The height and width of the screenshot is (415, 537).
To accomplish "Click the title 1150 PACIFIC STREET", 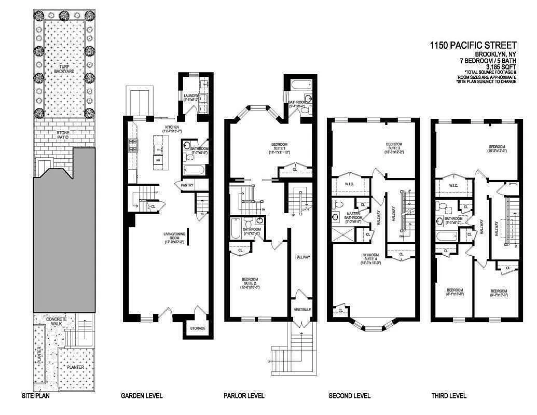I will click(x=473, y=46).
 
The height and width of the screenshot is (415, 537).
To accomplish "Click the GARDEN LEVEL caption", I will click(x=142, y=396).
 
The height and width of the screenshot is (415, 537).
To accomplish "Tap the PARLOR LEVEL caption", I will click(x=244, y=396).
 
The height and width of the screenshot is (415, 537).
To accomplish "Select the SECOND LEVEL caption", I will click(x=349, y=396).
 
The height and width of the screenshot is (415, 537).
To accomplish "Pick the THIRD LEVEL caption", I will click(x=449, y=396).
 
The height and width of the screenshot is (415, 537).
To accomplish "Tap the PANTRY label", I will click(x=187, y=185).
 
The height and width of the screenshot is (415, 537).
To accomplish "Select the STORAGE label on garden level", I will click(x=197, y=328).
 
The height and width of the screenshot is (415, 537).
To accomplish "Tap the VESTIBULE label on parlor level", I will click(x=302, y=310).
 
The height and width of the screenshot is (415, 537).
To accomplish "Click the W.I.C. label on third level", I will click(x=452, y=186).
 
